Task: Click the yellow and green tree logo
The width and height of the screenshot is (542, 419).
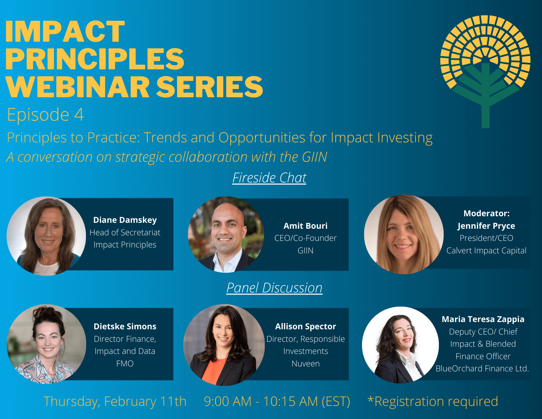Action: pyautogui.click(x=485, y=66)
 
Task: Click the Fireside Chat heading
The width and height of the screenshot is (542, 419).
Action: pyautogui.click(x=269, y=178)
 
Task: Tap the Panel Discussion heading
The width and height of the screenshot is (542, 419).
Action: pyautogui.click(x=274, y=288)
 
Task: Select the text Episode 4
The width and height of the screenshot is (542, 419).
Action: pyautogui.click(x=46, y=115)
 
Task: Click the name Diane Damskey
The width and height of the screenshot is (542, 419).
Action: pyautogui.click(x=125, y=220)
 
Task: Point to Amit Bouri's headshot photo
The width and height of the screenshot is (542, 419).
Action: pyautogui.click(x=226, y=235)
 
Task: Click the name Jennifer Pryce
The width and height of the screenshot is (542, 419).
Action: pyautogui.click(x=486, y=226)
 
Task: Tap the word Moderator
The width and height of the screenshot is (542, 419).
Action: pyautogui.click(x=486, y=213)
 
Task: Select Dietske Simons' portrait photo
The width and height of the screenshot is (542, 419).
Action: pyautogui.click(x=46, y=344)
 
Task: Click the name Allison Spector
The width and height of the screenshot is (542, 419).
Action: pyautogui.click(x=305, y=326)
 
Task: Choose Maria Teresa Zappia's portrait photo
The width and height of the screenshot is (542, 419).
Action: pyautogui.click(x=400, y=345)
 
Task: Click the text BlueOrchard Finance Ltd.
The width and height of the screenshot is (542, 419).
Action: pyautogui.click(x=482, y=369)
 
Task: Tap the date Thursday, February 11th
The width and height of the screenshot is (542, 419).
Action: pyautogui.click(x=115, y=402)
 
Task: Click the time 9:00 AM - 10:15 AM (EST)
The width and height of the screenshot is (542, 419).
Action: pyautogui.click(x=277, y=402)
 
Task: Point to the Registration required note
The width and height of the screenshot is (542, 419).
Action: pyautogui.click(x=433, y=402)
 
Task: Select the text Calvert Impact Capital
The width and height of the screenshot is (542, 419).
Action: pyautogui.click(x=486, y=250)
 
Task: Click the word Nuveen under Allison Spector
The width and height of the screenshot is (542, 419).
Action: pyautogui.click(x=305, y=364)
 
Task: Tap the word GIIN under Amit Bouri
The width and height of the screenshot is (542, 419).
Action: pyautogui.click(x=305, y=250)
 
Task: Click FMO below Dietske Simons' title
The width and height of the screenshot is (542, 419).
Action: pyautogui.click(x=125, y=364)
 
